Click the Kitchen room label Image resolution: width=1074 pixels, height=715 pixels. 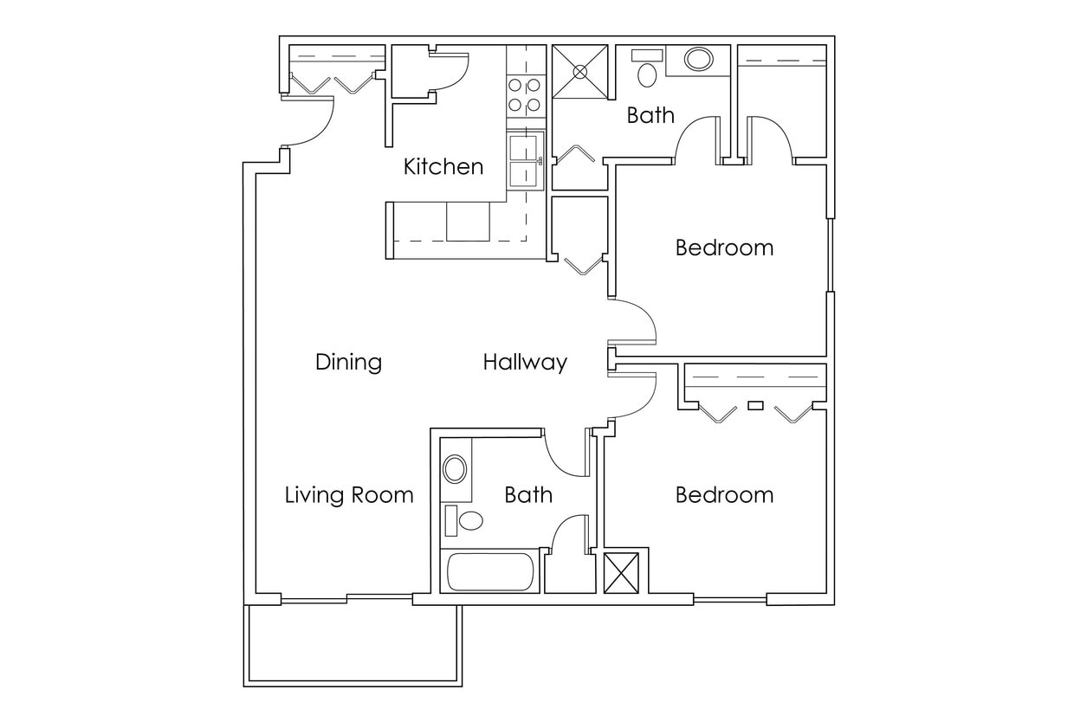click(443, 166)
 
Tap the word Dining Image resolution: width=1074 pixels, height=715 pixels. click(348, 362)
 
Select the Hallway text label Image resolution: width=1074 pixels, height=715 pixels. click(525, 362)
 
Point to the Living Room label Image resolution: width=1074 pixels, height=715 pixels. click(349, 495)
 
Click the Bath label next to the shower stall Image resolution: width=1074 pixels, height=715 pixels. click(650, 115)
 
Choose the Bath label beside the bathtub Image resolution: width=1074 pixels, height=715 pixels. click(528, 495)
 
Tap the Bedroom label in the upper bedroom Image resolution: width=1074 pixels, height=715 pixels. click(724, 248)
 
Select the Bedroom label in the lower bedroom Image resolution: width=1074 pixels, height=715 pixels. click(724, 495)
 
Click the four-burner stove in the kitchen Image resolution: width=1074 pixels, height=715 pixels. click(524, 95)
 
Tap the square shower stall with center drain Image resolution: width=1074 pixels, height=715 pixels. click(580, 70)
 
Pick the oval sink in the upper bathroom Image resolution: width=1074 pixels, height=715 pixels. click(698, 60)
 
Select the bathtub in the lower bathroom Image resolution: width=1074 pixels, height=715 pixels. click(490, 571)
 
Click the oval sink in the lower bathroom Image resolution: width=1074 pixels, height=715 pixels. click(455, 470)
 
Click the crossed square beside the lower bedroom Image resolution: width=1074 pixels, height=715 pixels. click(621, 572)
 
